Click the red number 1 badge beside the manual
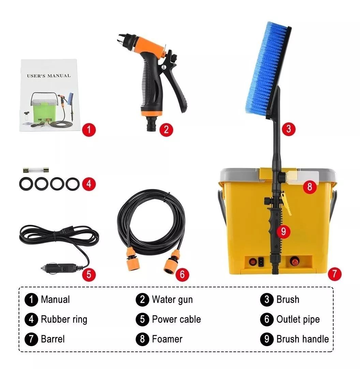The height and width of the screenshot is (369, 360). click(x=89, y=130)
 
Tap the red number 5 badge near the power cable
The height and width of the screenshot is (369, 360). click(x=89, y=274)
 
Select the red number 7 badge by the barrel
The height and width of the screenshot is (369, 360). click(x=334, y=273)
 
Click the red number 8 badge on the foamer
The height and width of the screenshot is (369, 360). click(x=310, y=187)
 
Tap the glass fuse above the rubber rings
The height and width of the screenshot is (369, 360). click(x=35, y=169)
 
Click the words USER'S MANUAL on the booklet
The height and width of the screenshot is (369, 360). click(x=49, y=76)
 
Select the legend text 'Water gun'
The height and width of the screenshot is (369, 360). click(x=172, y=300)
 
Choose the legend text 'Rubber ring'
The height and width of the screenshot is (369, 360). click(x=64, y=320)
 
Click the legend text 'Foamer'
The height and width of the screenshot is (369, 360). click(x=167, y=339)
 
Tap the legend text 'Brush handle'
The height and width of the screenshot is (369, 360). click(x=302, y=339)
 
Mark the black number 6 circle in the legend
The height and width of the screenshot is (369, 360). click(x=267, y=320)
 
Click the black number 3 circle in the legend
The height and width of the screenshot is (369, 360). click(x=267, y=300)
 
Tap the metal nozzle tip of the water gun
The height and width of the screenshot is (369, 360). click(x=122, y=39)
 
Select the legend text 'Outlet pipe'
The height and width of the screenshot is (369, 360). click(x=298, y=320)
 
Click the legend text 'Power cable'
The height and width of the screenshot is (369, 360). click(x=176, y=320)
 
